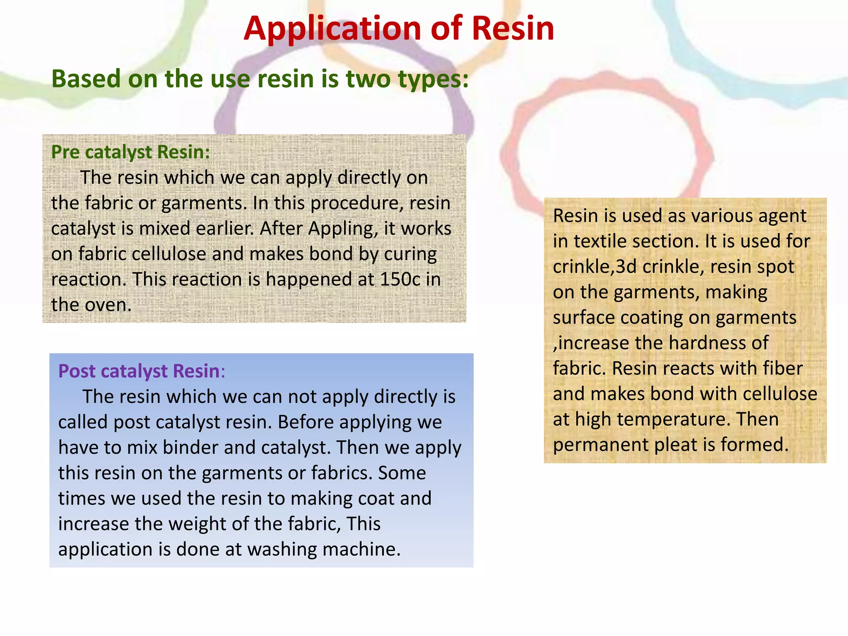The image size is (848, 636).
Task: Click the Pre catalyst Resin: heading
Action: coord(130,152)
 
